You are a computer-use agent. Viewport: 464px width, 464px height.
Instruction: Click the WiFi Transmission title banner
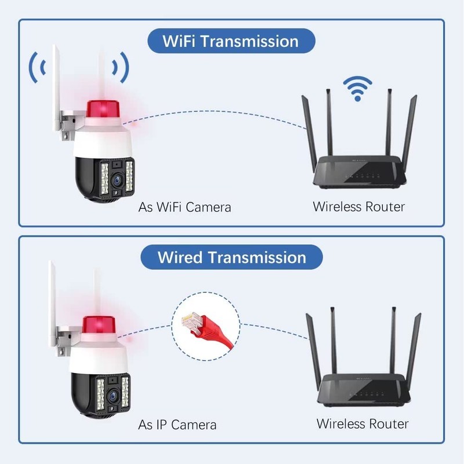230,42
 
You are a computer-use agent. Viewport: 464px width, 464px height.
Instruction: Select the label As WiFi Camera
184,206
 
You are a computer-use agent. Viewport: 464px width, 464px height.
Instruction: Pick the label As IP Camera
177,425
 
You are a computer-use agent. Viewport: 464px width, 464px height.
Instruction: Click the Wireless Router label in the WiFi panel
358,206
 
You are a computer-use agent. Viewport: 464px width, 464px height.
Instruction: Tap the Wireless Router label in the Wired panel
362,423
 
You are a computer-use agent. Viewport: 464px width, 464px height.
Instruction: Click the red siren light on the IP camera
100,325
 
